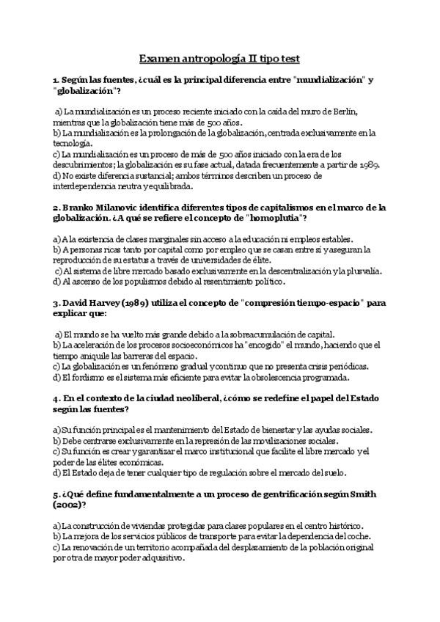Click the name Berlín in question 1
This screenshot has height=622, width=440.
pyautogui.click(x=342, y=111)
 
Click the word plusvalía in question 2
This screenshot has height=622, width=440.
pyautogui.click(x=363, y=271)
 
